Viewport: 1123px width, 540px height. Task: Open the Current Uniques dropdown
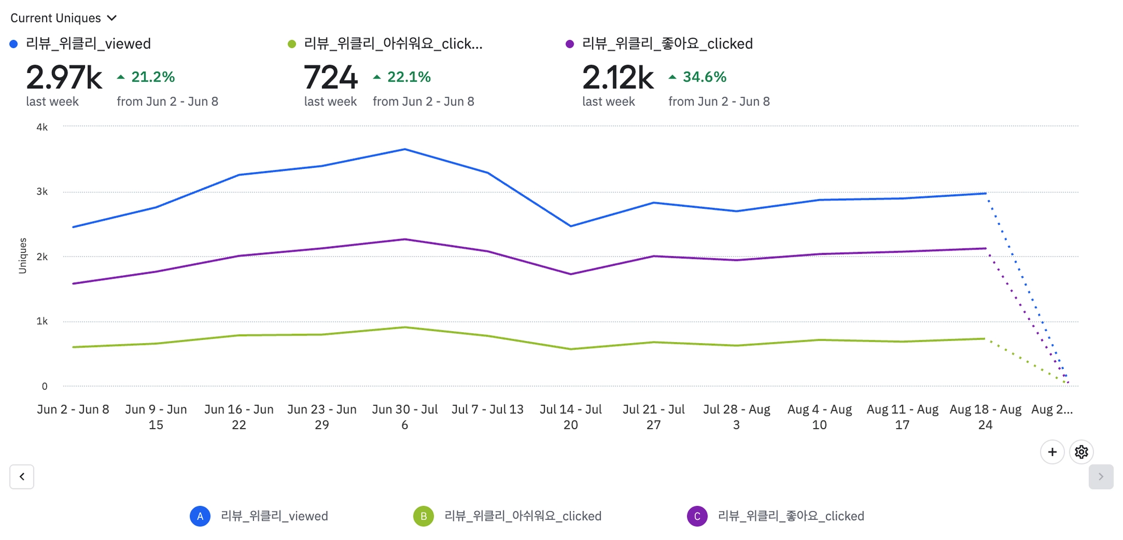click(64, 18)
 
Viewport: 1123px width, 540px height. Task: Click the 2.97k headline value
click(64, 77)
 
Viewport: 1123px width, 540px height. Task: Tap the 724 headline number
click(331, 77)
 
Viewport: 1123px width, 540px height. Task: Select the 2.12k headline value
click(617, 77)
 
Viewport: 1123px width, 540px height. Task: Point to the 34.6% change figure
click(704, 77)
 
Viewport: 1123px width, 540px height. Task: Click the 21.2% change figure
click(152, 77)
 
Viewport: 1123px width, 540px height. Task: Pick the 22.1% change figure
click(409, 77)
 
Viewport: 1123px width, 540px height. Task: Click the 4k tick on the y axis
click(42, 127)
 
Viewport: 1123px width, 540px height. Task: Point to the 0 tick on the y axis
click(44, 386)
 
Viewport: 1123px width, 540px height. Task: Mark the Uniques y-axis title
click(22, 255)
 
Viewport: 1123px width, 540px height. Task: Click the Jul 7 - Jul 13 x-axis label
click(487, 410)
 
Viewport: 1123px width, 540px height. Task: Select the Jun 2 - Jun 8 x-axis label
click(73, 410)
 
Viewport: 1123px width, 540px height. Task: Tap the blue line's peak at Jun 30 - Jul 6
click(405, 149)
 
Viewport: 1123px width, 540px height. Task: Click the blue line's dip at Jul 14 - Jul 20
click(571, 226)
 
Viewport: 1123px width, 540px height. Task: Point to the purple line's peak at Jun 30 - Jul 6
click(405, 239)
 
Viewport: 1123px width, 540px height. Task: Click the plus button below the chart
click(1052, 452)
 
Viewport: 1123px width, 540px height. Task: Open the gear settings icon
click(1081, 452)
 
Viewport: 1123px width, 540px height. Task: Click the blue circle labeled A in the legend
click(200, 516)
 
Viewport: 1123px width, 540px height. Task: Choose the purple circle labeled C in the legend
click(697, 516)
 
